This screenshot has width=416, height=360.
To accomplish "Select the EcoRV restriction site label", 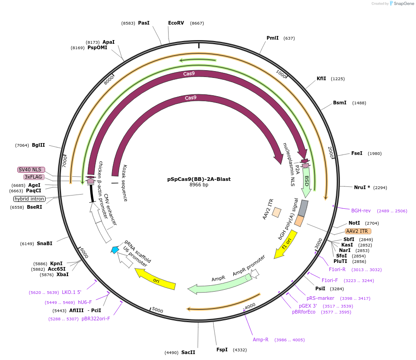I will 176,23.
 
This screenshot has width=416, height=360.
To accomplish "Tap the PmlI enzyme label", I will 272,38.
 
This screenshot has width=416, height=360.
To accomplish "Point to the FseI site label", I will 357,153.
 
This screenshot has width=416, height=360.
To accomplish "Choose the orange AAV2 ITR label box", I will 358,231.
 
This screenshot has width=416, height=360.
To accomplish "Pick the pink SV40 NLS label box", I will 31,170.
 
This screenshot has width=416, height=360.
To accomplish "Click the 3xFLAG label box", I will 34,177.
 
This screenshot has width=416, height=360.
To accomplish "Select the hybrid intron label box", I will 29,199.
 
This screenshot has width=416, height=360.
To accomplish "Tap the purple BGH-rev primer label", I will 361,211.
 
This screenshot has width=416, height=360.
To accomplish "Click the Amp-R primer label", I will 261,339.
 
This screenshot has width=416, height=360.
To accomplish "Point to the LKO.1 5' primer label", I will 72,292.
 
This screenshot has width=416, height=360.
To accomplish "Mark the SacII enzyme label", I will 188,352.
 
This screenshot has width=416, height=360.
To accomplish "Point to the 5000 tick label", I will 157,310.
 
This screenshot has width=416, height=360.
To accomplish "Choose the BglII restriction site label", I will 38,145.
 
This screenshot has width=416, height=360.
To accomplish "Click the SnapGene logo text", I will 401,3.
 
